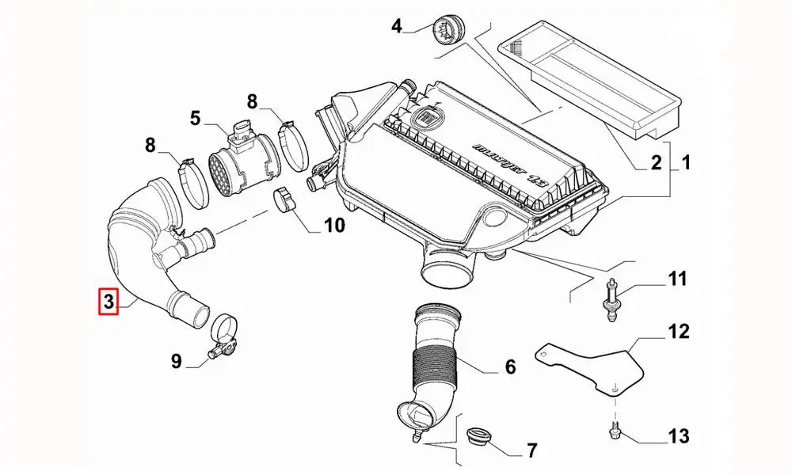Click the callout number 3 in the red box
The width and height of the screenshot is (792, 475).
click(108, 302)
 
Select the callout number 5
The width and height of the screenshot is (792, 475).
click(195, 119)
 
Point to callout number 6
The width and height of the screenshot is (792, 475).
click(510, 367)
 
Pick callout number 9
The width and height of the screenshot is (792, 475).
click(177, 362)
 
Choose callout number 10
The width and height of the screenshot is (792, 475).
click(333, 226)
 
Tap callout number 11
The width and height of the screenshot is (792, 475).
click(677, 279)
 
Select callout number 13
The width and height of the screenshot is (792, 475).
click(678, 436)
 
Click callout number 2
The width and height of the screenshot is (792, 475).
click(655, 164)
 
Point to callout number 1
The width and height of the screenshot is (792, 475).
click(686, 164)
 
